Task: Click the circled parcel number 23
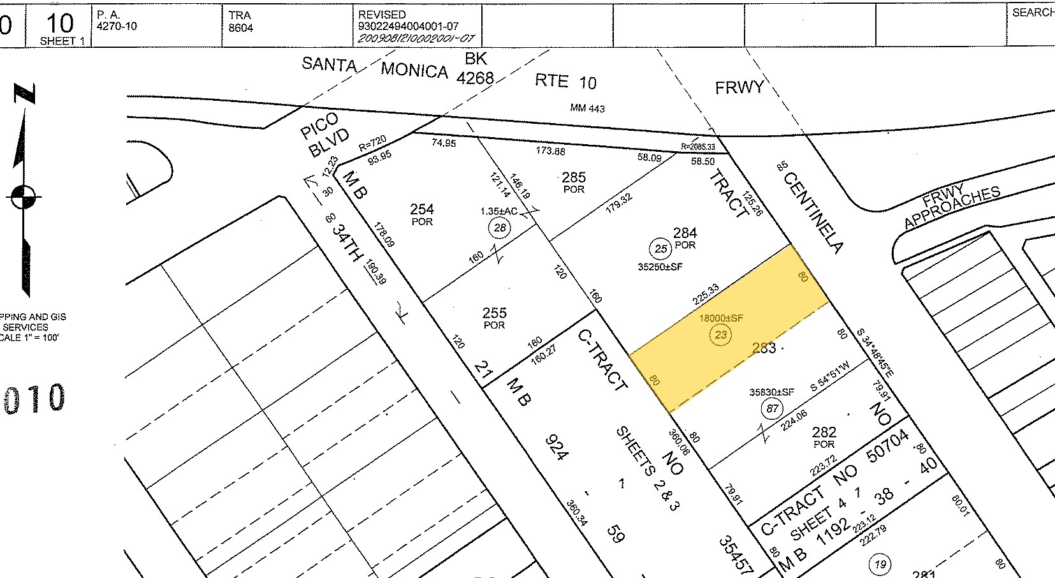720,335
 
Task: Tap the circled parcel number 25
660,249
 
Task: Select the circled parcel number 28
500,227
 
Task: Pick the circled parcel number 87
773,408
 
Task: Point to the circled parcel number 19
880,564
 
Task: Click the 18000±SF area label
721,318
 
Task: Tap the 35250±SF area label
660,267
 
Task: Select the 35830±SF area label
771,392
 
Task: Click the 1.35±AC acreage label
498,211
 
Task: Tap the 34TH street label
348,242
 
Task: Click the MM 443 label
587,108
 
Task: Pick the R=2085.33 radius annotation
698,147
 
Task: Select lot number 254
422,209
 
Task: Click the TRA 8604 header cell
241,22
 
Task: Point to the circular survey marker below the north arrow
24,197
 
